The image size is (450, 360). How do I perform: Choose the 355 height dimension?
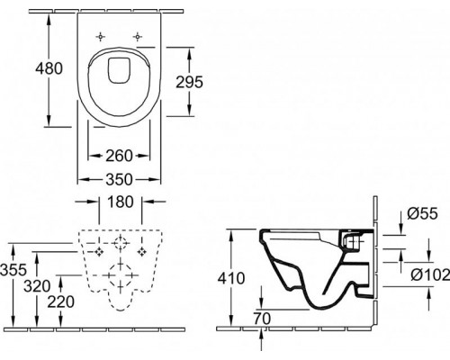pyautogui.click(x=12, y=269)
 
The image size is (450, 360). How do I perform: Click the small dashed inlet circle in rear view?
pyautogui.click(x=119, y=245)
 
